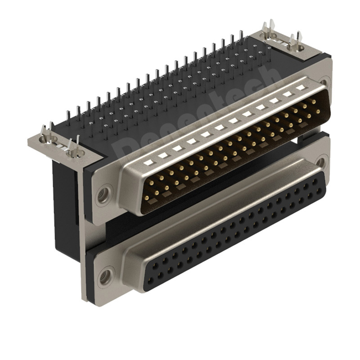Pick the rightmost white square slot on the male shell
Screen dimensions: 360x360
tap(299, 88)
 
